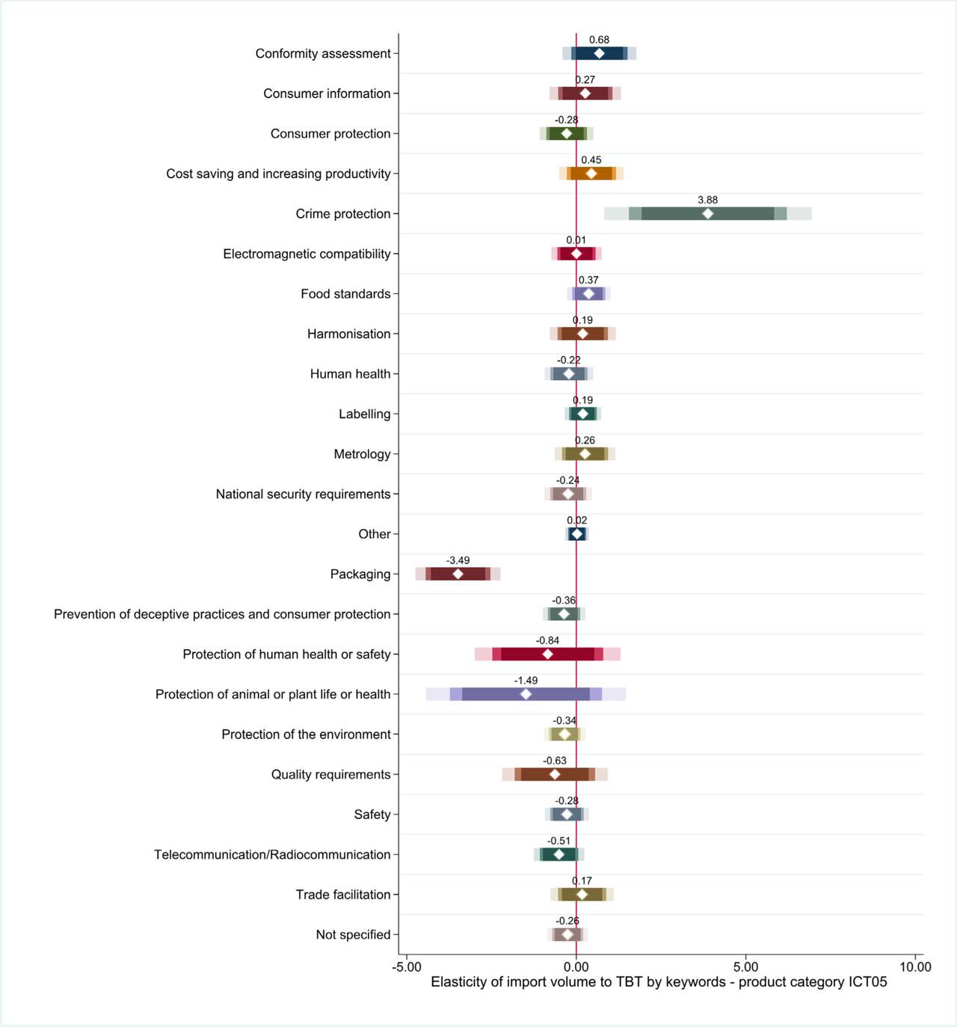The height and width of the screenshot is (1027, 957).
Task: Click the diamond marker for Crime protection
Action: coord(707,214)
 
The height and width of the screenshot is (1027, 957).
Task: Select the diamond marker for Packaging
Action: coord(458,574)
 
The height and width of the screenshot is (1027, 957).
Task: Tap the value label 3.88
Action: coord(707,200)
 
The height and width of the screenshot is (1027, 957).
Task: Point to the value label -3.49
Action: coord(458,560)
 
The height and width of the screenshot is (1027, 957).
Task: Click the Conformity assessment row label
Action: coord(323,54)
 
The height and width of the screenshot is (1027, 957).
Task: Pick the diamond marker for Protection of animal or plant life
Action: coord(526,694)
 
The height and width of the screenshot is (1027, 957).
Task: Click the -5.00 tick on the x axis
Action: coord(407,966)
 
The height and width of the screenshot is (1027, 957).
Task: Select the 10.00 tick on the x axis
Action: coord(915,966)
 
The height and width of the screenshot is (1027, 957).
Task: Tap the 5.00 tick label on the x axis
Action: coord(745,966)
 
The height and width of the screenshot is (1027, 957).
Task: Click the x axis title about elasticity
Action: coord(659,982)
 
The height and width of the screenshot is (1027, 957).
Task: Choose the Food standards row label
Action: coord(345,294)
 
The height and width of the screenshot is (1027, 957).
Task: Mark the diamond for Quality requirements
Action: coord(555,774)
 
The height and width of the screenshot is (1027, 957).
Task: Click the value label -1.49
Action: coord(526,681)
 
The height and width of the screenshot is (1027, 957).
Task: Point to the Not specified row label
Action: coord(353,935)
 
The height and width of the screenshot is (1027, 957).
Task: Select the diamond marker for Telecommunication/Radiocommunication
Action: coord(558,854)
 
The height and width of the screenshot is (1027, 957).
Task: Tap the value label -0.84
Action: coord(547,640)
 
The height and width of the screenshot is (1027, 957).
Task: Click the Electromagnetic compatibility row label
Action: coord(307,254)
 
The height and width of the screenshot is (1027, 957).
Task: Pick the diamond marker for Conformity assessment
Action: coord(599,54)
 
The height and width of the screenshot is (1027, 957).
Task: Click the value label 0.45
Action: coord(591,160)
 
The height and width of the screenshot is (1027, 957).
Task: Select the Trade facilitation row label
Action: coord(343,895)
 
